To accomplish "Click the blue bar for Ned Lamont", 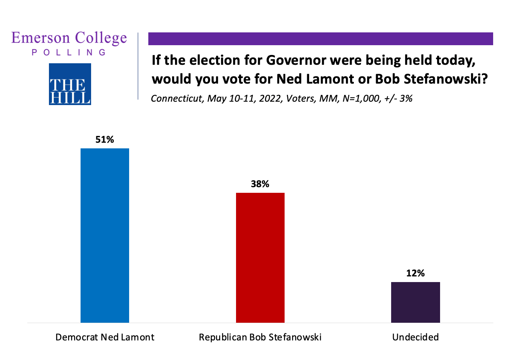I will coord(105,235).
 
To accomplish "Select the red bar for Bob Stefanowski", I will coord(260,258).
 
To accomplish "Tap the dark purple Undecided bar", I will coord(415,302).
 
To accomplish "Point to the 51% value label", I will coord(105,140).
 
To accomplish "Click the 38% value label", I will coord(260,184).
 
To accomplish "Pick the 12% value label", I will coord(415,273).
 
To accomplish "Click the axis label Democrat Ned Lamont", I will coord(105,337).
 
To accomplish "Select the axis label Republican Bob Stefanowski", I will coord(260,337).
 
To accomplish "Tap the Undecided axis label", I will coord(415,337).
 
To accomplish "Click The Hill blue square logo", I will coord(70,84).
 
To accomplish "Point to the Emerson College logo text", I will coord(69,38).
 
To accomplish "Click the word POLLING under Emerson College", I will coord(69,52).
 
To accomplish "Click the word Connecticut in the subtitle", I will coord(177,99).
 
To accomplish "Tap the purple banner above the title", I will coord(320,39).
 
